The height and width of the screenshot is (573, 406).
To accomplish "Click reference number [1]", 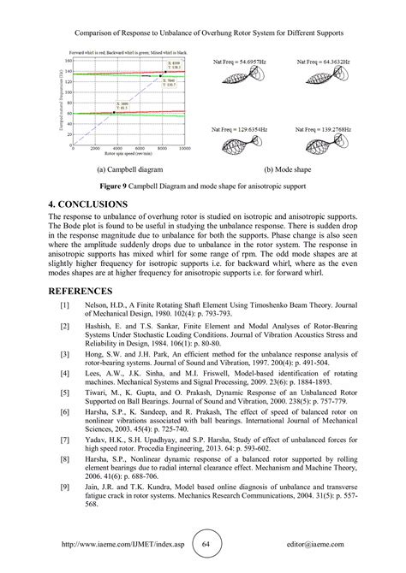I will click(64, 305).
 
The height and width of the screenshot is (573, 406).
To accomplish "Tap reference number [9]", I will click(64, 489).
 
